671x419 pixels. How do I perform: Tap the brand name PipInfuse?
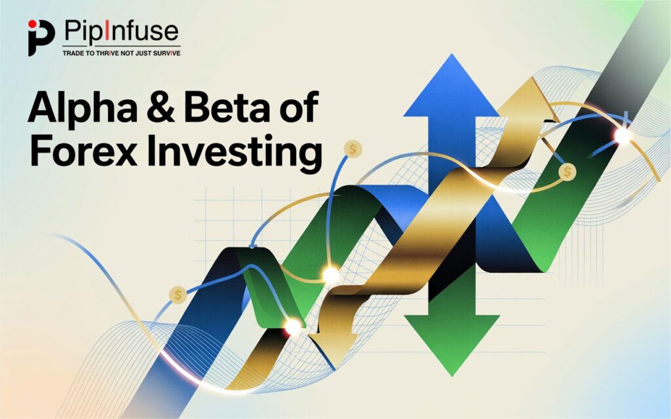[121, 31]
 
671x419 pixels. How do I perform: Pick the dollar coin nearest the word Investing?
[354, 149]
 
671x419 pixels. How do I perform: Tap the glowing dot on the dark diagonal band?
[621, 136]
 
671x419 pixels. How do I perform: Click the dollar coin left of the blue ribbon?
[177, 295]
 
